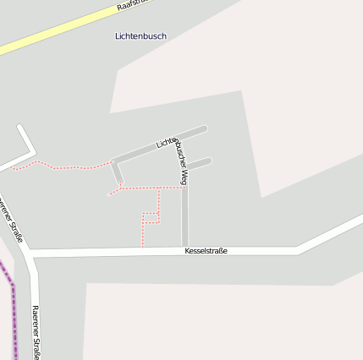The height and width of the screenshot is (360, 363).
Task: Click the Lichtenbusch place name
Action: [x=140, y=36]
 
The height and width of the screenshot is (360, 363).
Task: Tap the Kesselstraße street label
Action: [x=206, y=251]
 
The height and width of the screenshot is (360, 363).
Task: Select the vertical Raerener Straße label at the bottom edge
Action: [x=36, y=332]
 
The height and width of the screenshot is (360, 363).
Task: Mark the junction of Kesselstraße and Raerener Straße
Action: [x=32, y=253]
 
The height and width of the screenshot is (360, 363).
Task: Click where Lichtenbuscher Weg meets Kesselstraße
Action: [x=184, y=249]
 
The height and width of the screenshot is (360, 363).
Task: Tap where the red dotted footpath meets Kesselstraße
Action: [x=142, y=249]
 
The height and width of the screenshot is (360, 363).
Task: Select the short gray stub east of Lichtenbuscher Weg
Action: [x=198, y=161]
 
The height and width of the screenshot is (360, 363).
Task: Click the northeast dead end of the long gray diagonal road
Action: [x=204, y=128]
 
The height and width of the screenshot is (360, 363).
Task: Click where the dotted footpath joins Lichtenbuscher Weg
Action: [x=184, y=188]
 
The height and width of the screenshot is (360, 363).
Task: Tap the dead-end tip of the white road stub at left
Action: [x=19, y=128]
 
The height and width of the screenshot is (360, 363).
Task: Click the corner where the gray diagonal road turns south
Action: [x=113, y=161]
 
